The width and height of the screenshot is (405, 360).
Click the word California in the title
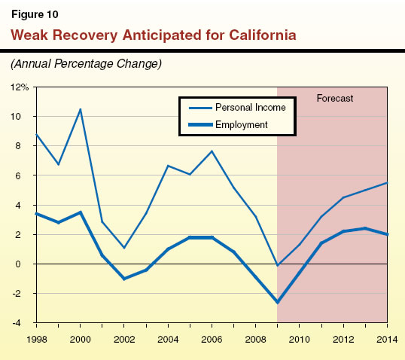click(x=254, y=35)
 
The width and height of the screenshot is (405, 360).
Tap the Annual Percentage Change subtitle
click(x=85, y=63)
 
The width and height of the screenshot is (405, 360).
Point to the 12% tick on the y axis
click(x=20, y=87)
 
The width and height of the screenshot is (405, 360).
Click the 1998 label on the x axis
click(x=36, y=336)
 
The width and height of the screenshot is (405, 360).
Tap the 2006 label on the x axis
click(x=212, y=336)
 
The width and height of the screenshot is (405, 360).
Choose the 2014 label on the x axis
click(x=387, y=336)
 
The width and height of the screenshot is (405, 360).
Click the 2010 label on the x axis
click(x=300, y=336)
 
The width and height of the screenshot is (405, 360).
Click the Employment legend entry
click(x=242, y=124)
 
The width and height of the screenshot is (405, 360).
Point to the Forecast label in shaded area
click(x=334, y=99)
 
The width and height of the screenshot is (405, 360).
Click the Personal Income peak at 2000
click(x=81, y=109)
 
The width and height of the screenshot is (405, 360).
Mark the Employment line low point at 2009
click(x=278, y=302)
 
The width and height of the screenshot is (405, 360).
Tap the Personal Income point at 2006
click(x=212, y=151)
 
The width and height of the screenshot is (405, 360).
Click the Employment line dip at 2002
click(x=124, y=279)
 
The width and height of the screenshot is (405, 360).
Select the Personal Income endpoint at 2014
click(x=387, y=183)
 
